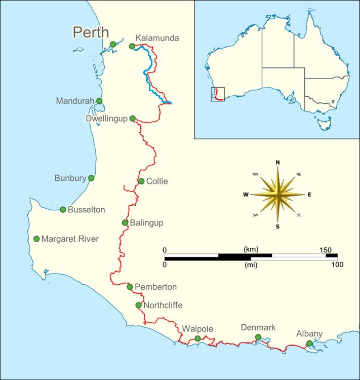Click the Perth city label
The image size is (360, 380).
point(91,32)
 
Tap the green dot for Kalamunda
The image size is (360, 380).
point(132,46)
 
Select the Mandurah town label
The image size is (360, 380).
point(75,101)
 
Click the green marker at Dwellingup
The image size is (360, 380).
point(133,119)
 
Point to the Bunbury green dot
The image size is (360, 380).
point(91,178)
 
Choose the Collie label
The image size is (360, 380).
point(157,181)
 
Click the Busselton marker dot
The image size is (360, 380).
point(63,209)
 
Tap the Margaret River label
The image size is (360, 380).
point(70,239)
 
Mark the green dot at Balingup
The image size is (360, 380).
point(125,222)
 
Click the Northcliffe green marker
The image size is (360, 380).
point(138,305)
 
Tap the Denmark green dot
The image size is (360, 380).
point(258,337)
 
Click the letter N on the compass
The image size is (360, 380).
point(277,162)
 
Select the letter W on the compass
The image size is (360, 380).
point(246,194)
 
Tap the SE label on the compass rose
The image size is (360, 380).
point(299,215)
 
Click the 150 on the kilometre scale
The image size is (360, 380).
point(325,250)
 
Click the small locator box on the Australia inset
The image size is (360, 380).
point(217,94)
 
